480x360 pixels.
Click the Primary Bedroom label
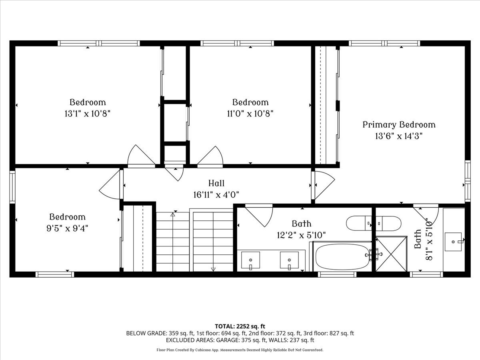pyautogui.click(x=399, y=125)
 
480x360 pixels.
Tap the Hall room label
pyautogui.click(x=216, y=184)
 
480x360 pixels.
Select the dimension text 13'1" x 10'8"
pyautogui.click(x=88, y=114)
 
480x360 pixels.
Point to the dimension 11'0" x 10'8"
pyautogui.click(x=250, y=114)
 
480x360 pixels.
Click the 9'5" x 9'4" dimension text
pyautogui.click(x=67, y=228)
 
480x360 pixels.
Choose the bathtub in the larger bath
pyautogui.click(x=342, y=257)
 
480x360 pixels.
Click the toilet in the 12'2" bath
pyautogui.click(x=359, y=223)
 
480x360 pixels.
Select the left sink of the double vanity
pyautogui.click(x=250, y=260)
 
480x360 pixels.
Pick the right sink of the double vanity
pyautogui.click(x=289, y=260)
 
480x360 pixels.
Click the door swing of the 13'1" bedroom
pyautogui.click(x=140, y=156)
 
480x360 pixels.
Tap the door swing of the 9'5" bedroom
pyautogui.click(x=110, y=184)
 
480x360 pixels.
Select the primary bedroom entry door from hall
pyautogui.click(x=323, y=185)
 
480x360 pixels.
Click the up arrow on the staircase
pyautogui.click(x=173, y=215)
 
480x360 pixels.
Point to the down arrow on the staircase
pyautogui.click(x=213, y=269)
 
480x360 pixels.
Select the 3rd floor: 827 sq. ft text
pyautogui.click(x=329, y=333)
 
